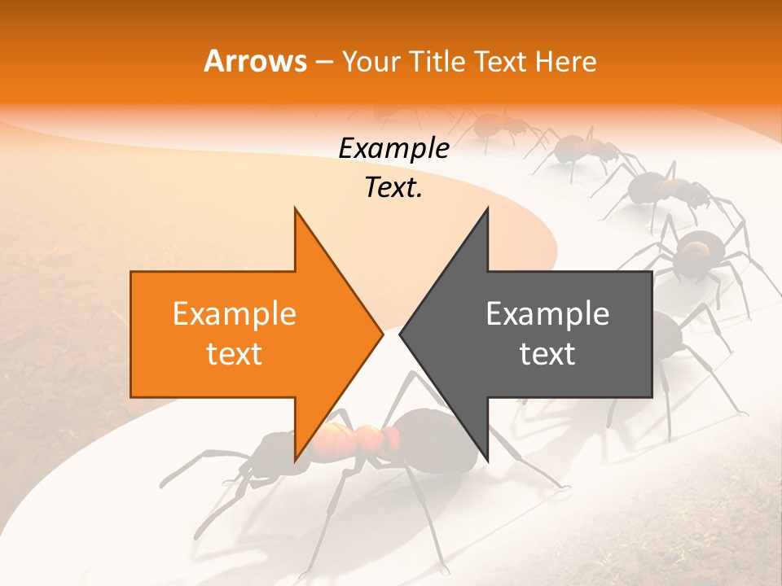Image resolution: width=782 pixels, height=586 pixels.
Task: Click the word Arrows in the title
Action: [256, 62]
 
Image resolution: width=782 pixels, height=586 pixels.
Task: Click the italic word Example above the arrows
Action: [393, 149]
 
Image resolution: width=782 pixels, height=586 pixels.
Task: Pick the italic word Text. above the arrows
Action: [393, 188]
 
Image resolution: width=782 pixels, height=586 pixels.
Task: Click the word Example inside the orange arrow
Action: [235, 314]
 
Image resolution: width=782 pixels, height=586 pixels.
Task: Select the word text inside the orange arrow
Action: [235, 354]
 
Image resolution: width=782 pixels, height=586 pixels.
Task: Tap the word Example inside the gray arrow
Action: [547, 314]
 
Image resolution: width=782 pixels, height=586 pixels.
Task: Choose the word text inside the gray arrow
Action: [547, 354]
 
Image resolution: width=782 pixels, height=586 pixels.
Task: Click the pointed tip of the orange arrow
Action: [383, 334]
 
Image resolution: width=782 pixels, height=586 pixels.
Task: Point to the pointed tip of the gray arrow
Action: [399, 334]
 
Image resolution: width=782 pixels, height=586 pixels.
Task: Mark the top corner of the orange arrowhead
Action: [295, 208]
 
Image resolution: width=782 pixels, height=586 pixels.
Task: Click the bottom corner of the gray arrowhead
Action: [487, 460]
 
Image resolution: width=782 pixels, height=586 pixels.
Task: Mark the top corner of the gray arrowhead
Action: [487, 208]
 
